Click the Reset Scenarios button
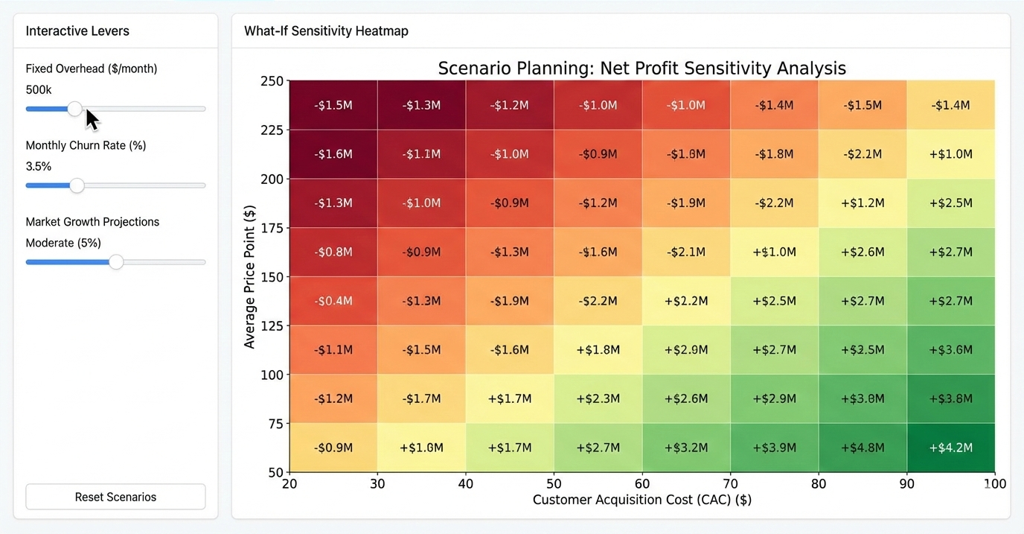tap(115, 497)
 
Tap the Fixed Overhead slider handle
tap(75, 109)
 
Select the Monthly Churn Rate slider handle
tap(77, 185)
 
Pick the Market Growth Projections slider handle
tap(116, 262)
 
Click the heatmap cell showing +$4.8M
tap(863, 448)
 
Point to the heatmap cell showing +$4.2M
tap(950, 448)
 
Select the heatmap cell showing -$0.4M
tap(333, 301)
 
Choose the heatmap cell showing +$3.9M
tap(774, 448)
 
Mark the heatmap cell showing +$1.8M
tap(598, 349)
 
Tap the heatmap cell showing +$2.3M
tap(598, 398)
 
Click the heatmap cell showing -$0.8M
tap(333, 252)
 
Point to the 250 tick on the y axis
tap(272, 81)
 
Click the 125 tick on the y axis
tap(272, 326)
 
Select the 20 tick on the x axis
tap(289, 484)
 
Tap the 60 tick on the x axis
tap(642, 484)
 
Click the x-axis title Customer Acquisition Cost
tap(641, 500)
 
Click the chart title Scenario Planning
tap(641, 69)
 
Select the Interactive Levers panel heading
tap(77, 31)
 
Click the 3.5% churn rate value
tap(39, 166)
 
